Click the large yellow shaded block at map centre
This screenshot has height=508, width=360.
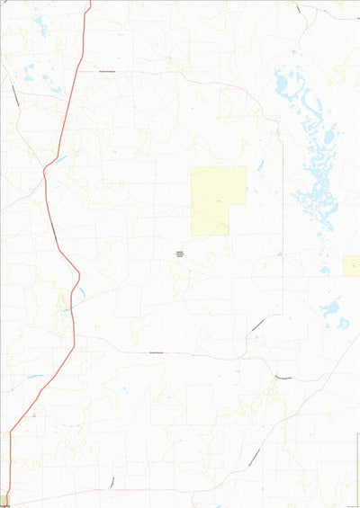tap(218, 200)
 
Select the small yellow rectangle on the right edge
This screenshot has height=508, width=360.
tap(352, 265)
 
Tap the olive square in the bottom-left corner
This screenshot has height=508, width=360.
tap(4, 500)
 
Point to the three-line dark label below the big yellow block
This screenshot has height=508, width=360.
tap(179, 254)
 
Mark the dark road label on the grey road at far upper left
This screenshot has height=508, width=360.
tap(16, 97)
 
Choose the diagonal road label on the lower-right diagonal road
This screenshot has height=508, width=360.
tap(255, 455)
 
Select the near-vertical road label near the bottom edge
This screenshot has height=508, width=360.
tap(112, 481)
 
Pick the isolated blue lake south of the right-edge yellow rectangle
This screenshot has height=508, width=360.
tap(330, 307)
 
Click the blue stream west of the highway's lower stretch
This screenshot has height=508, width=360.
tap(34, 375)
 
